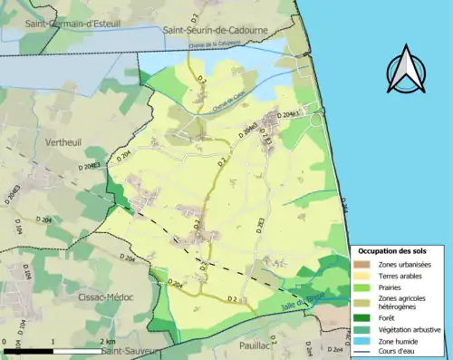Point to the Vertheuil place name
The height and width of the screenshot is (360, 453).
[x=63, y=143]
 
